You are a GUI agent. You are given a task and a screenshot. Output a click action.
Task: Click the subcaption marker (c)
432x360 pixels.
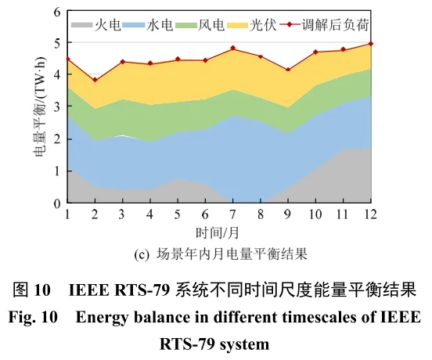pyautogui.click(x=143, y=254)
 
